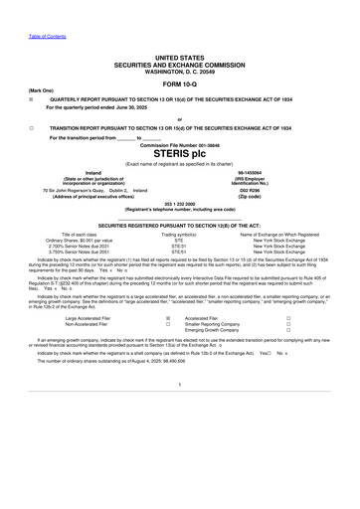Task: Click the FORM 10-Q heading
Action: pos(179,83)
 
